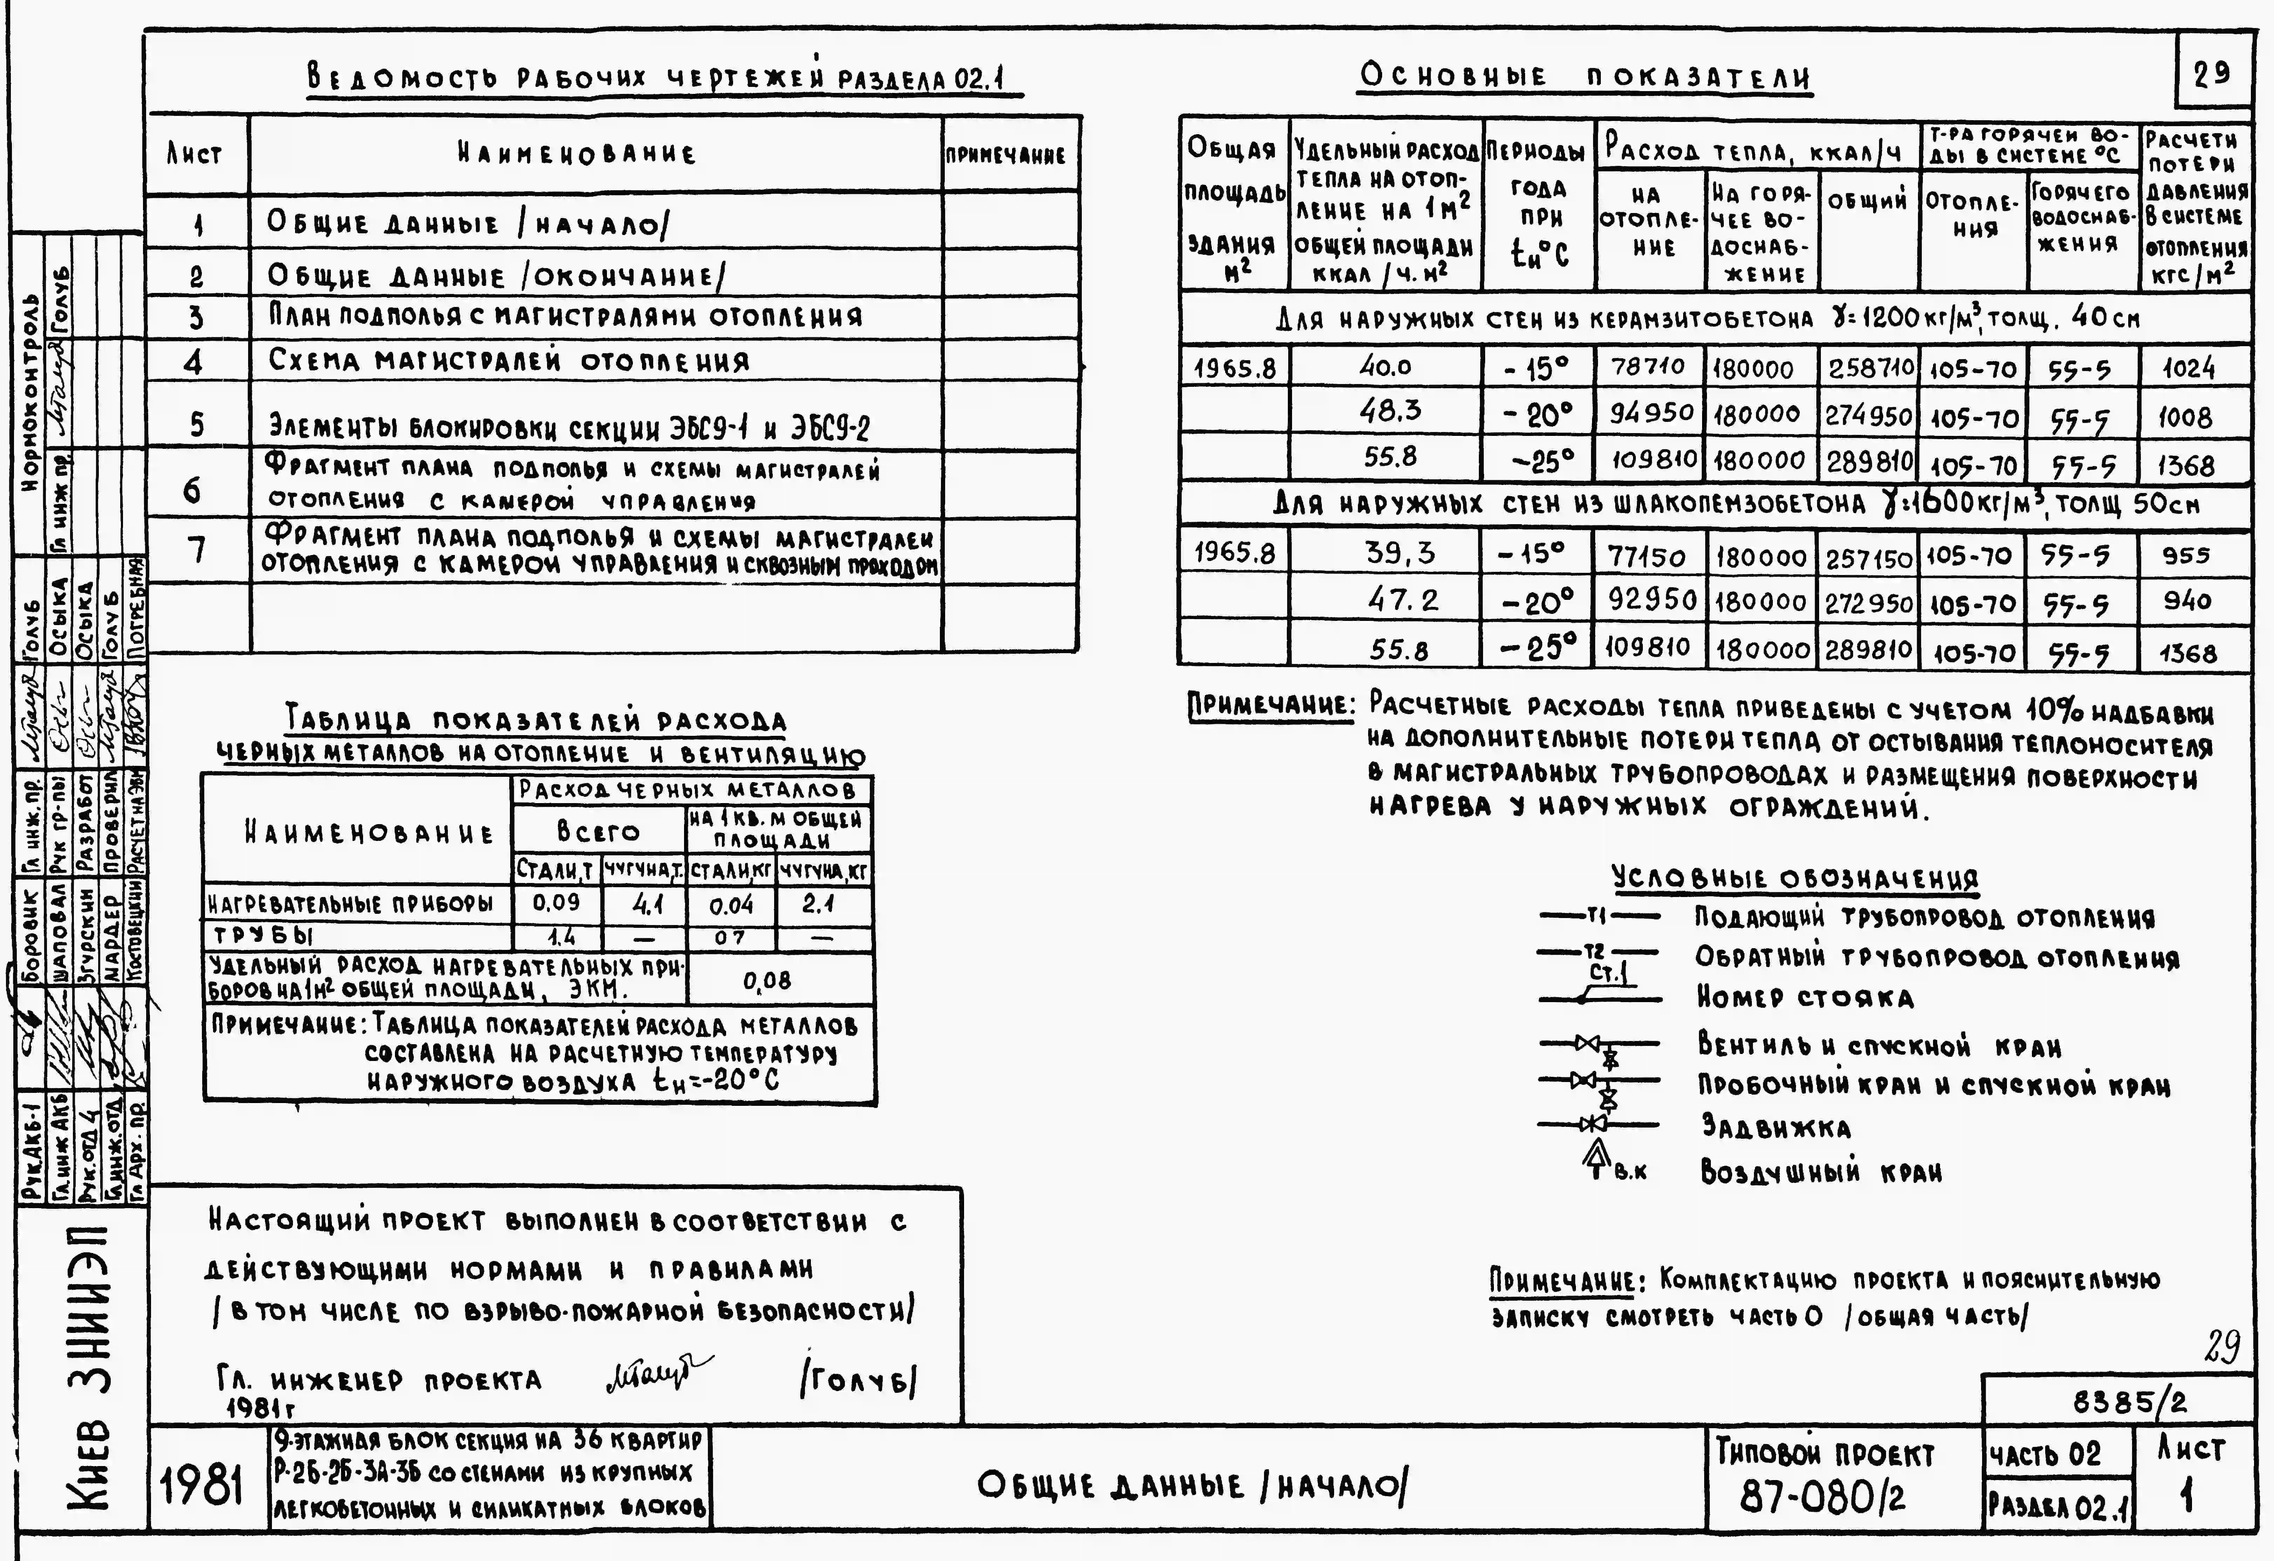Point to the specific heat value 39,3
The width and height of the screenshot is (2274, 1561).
click(1399, 554)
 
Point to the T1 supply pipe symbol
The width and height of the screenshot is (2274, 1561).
click(1599, 916)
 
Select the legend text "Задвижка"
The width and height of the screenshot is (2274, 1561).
click(1776, 1128)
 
